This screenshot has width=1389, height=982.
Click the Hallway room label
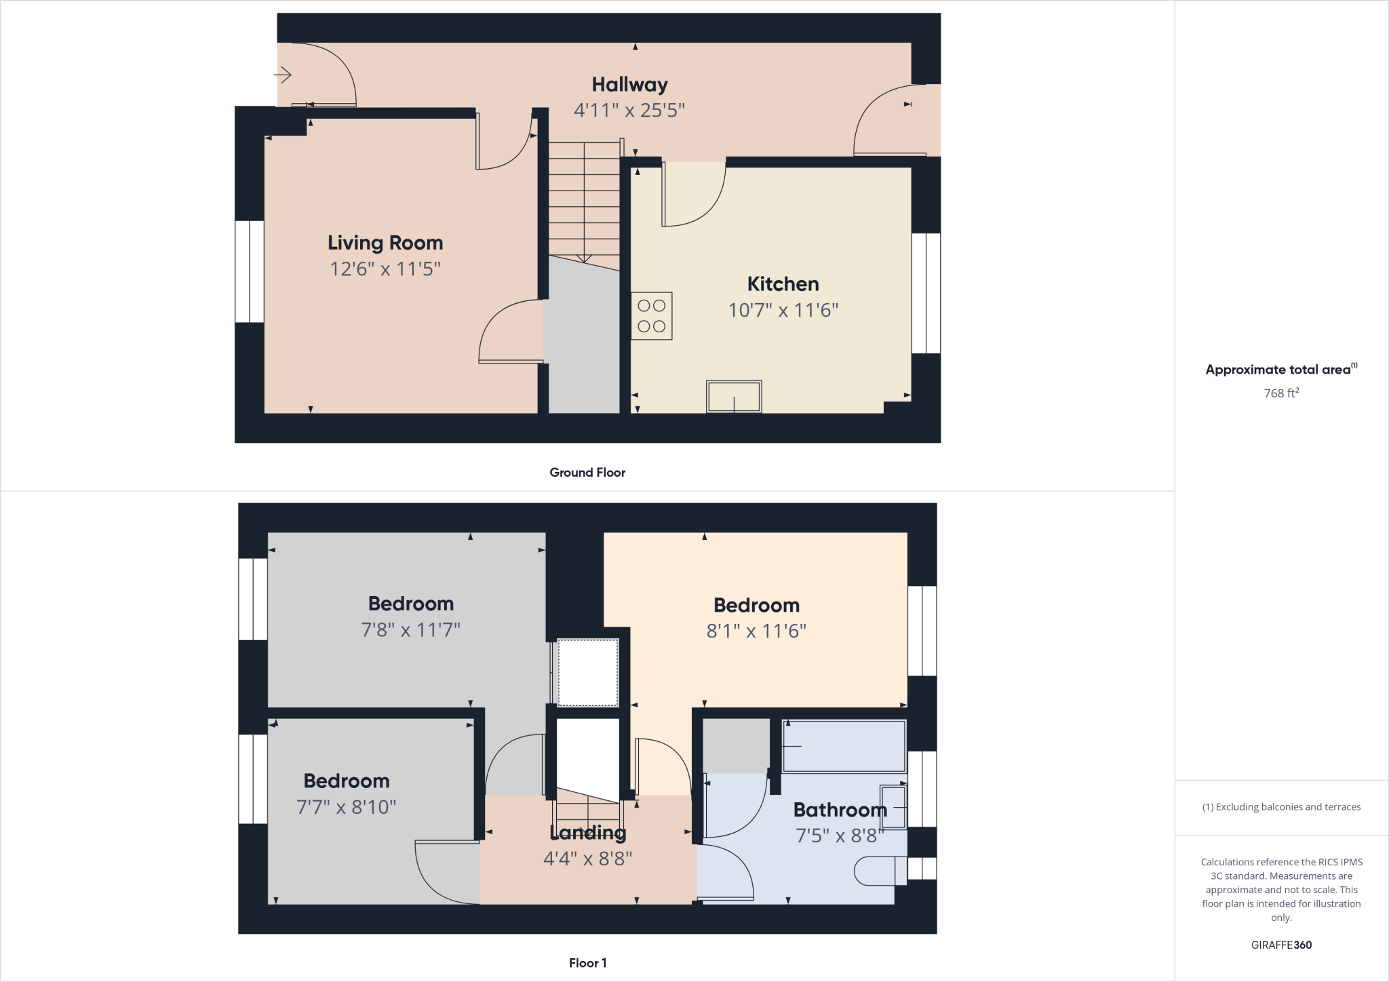[629, 85]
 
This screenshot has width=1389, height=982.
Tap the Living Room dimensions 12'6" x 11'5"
[385, 269]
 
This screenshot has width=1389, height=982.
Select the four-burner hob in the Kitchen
[651, 316]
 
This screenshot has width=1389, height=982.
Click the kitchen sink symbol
[734, 396]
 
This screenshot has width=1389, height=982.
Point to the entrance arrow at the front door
[283, 74]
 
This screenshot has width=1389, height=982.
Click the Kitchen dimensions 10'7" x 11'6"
[783, 311]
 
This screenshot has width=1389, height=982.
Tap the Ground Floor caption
[587, 473]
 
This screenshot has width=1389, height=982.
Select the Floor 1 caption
[587, 963]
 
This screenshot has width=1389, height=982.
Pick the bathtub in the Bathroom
[844, 746]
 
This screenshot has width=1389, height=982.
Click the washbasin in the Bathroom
[893, 807]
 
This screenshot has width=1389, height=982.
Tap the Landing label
[587, 832]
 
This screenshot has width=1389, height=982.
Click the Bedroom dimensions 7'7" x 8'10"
[346, 807]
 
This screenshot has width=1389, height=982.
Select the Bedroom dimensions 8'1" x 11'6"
[756, 631]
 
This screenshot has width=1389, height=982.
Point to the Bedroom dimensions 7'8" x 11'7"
[410, 630]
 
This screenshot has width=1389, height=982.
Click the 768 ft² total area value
[1281, 393]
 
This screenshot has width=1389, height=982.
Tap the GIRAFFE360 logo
[1281, 945]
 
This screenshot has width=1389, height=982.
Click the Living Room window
[250, 271]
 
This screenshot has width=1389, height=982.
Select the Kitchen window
[926, 293]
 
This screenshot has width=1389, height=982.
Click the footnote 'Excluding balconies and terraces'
[1281, 807]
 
